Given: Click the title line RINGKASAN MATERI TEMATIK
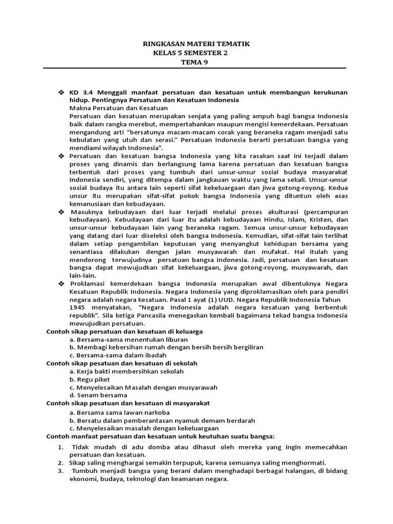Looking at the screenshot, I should [196, 44].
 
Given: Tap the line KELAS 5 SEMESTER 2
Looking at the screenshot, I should [196, 53].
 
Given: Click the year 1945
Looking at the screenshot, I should [78, 308].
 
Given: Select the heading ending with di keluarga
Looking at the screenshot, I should [124, 332].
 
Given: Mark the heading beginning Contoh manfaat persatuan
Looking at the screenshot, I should [160, 436].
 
